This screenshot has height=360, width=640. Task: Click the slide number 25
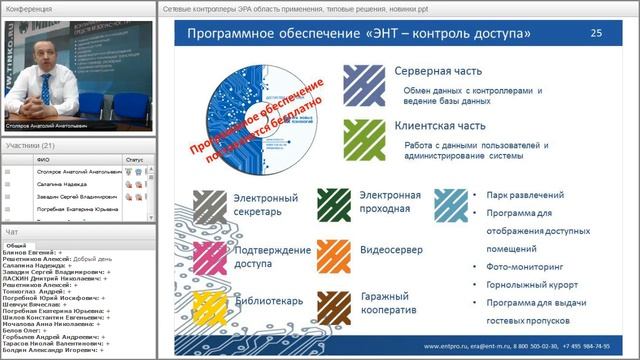coord(597,33)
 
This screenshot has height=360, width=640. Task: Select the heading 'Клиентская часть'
coord(440,127)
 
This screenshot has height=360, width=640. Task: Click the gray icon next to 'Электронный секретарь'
coord(209,205)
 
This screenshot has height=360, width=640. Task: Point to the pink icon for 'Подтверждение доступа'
coord(209,257)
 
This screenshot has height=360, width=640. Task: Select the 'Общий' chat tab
coord(17,245)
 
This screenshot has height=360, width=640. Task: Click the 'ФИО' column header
coord(41,159)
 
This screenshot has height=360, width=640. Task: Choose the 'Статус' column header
coord(134,159)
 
